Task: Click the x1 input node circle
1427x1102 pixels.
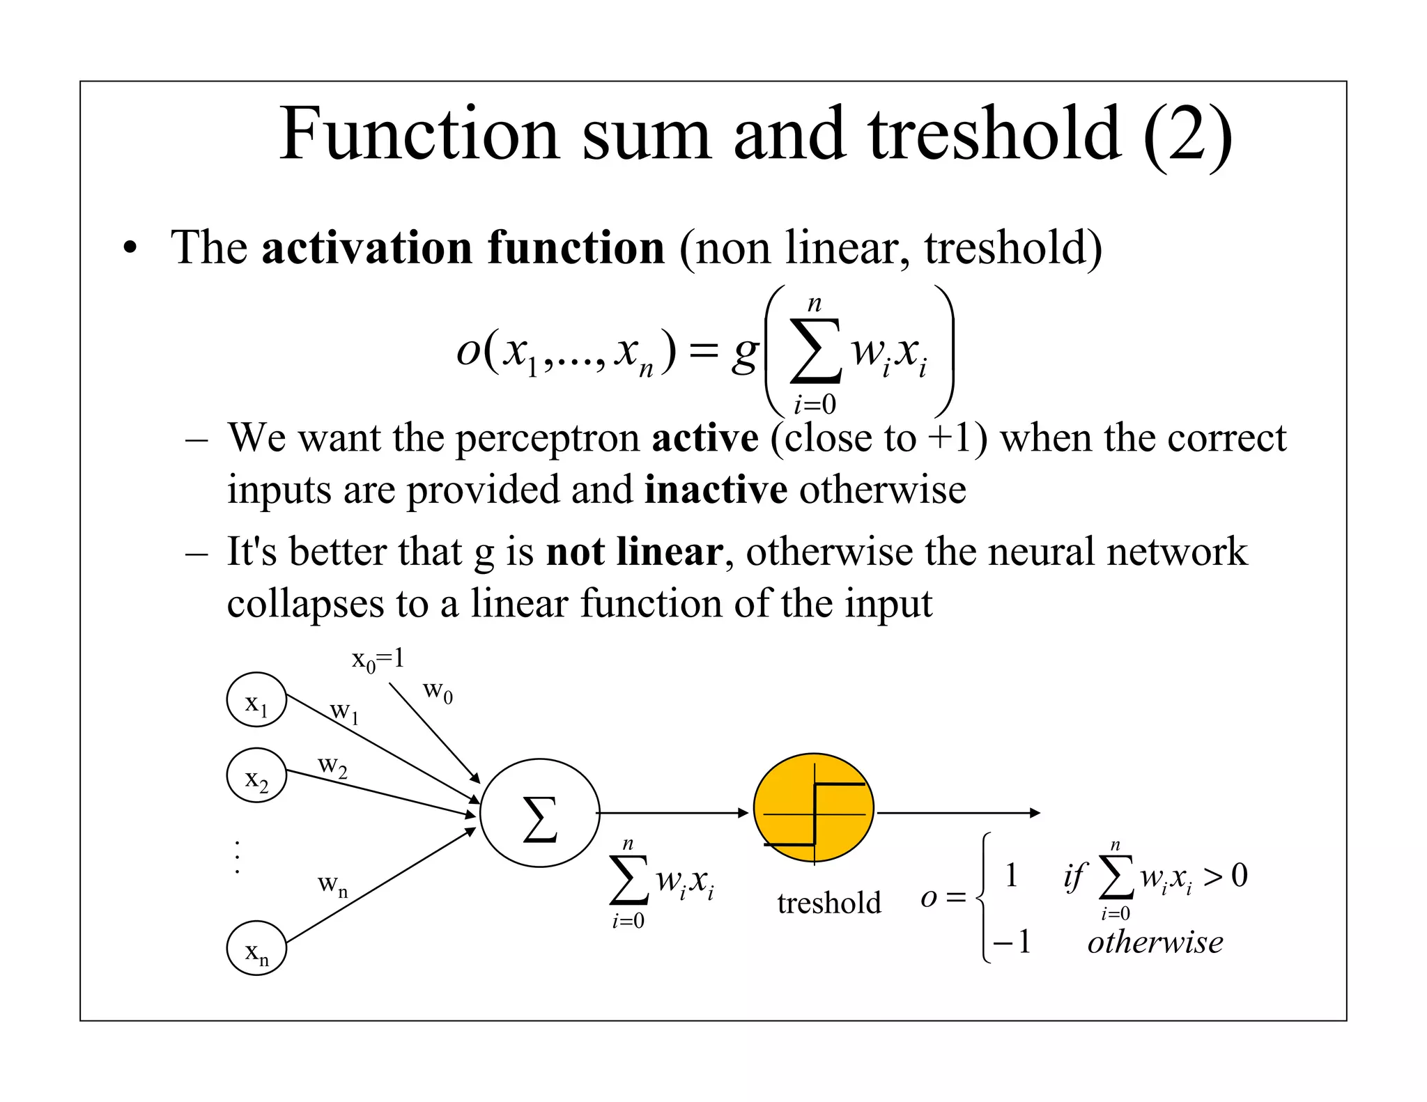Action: click(256, 699)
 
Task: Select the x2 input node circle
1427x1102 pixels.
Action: click(256, 775)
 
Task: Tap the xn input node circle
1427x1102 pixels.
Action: click(256, 948)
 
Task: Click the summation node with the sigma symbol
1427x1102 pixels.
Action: click(540, 813)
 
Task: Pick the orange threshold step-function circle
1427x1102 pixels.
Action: click(814, 808)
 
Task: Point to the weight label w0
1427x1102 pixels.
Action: click(438, 691)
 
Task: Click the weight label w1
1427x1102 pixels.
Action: click(344, 712)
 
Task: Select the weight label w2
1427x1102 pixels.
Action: click(332, 766)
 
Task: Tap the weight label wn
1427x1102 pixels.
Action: click(332, 885)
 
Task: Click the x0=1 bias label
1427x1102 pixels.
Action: click(378, 659)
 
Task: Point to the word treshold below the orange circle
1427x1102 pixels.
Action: click(829, 903)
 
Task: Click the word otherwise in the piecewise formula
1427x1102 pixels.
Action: click(1155, 942)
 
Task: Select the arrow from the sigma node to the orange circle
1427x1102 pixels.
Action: click(673, 813)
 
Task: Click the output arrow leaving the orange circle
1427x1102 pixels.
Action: click(958, 813)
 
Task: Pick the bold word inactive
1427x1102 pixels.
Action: click(716, 490)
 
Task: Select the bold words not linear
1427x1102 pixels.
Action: click(634, 552)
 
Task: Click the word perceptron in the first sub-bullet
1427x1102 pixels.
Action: click(548, 439)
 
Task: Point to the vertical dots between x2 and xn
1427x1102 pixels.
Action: click(238, 857)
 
